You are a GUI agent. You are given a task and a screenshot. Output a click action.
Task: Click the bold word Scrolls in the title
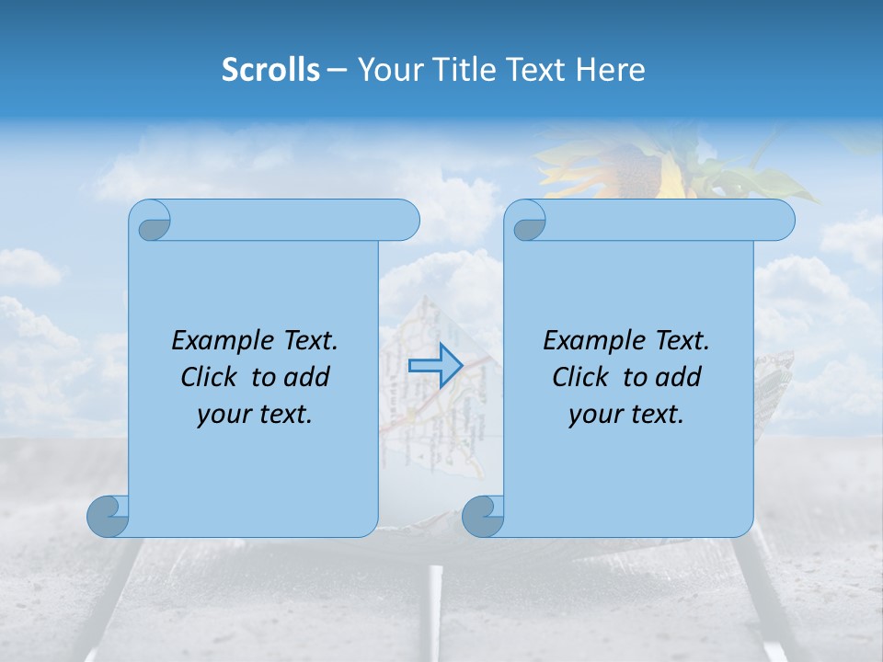click(270, 70)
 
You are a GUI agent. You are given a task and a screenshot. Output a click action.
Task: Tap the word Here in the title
click(610, 70)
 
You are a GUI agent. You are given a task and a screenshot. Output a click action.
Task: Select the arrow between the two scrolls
click(434, 365)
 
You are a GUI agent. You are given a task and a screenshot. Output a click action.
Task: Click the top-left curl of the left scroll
click(150, 221)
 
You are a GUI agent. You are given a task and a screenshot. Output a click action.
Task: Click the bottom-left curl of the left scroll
click(108, 516)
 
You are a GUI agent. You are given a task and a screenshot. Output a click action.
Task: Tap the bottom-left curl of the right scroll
click(483, 516)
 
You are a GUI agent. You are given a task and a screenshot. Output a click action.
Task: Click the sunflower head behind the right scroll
click(635, 170)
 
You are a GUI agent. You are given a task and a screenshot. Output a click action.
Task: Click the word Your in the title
click(387, 70)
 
